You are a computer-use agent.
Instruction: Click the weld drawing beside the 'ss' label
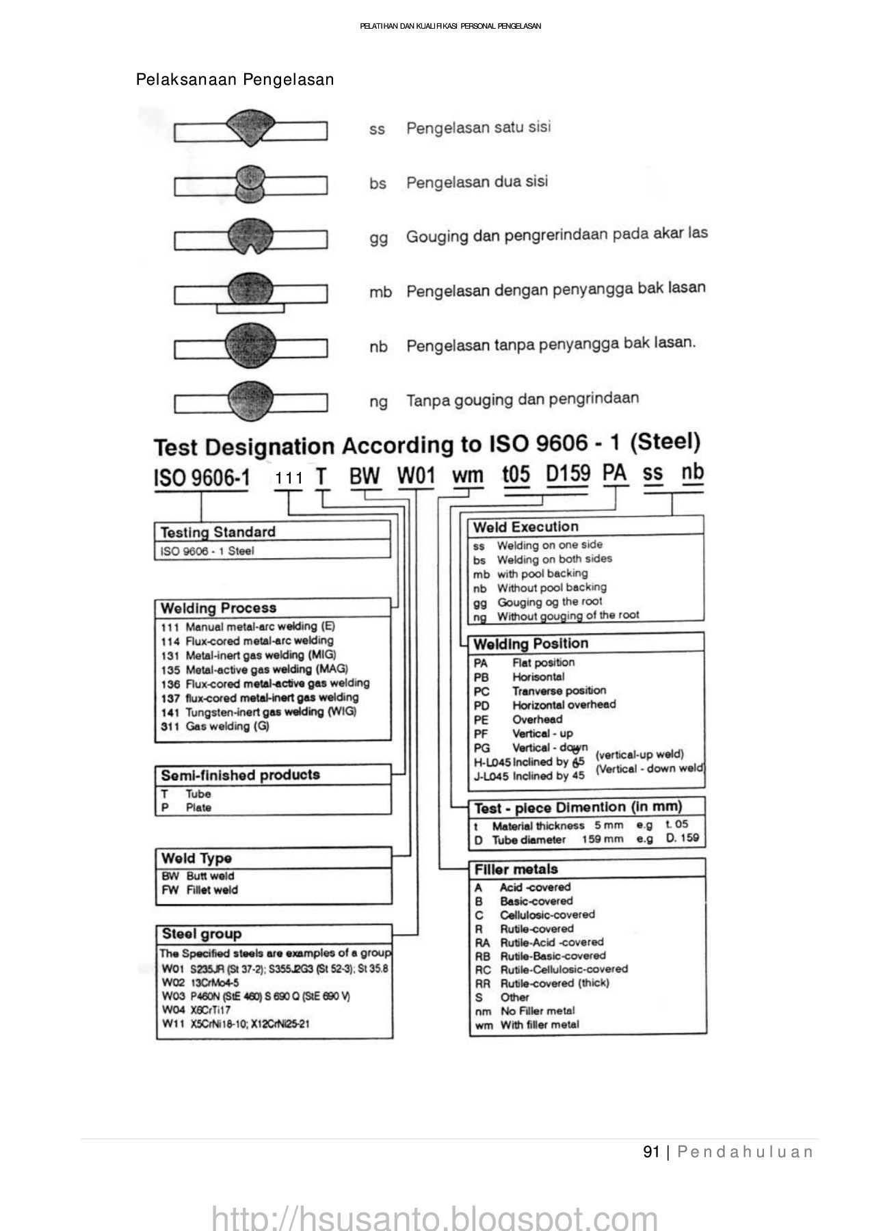(x=250, y=129)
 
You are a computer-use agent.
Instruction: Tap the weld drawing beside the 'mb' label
(x=250, y=292)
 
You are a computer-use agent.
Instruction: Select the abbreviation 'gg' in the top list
(x=378, y=238)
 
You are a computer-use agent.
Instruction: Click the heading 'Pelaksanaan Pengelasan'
(x=235, y=80)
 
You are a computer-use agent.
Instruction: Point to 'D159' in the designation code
(x=568, y=474)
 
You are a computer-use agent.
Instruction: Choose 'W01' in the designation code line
(x=416, y=476)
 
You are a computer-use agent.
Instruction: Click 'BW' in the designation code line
(x=365, y=477)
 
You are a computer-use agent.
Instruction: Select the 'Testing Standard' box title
(x=217, y=532)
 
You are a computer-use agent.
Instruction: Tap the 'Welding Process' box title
(x=218, y=608)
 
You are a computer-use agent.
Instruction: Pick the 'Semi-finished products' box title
(x=240, y=775)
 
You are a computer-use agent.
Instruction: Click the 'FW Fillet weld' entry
(x=200, y=890)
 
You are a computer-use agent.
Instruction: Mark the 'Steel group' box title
(x=202, y=934)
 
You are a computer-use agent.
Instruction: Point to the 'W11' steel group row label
(x=172, y=1024)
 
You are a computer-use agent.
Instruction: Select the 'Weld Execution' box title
(x=525, y=527)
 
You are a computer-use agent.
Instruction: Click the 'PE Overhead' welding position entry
(x=518, y=719)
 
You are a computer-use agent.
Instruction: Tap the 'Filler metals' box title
(x=516, y=869)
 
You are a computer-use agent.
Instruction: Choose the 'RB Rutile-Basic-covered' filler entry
(x=540, y=955)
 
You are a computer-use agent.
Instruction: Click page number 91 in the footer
(x=651, y=1152)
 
